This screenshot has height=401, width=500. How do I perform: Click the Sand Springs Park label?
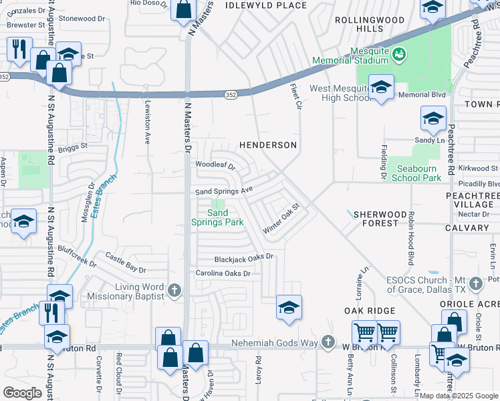(217, 217)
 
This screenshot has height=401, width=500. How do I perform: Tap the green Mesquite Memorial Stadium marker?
(399, 53)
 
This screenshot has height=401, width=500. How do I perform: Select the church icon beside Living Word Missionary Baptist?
(174, 290)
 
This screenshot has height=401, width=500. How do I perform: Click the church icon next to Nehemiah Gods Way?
(328, 342)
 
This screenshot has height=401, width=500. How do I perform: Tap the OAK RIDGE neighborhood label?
(370, 311)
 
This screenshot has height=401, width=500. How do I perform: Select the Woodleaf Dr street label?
(215, 165)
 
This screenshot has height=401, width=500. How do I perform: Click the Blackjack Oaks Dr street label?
(244, 258)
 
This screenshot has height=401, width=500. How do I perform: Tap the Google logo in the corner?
(23, 393)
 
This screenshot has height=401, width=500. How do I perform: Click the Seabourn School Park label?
(416, 173)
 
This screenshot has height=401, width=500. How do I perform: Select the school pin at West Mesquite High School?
(381, 87)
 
